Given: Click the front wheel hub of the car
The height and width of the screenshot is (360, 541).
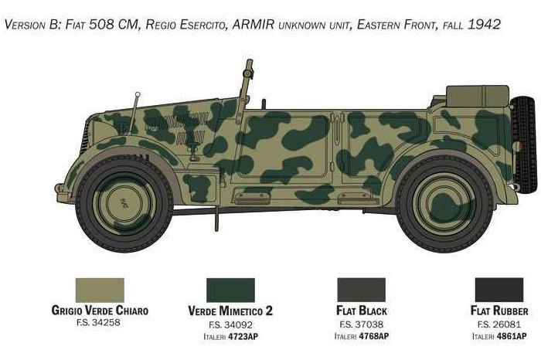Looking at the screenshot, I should [x=124, y=204].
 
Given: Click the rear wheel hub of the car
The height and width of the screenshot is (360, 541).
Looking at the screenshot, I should [x=443, y=204].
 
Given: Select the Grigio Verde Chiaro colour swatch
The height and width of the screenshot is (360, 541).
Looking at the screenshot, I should [x=100, y=290].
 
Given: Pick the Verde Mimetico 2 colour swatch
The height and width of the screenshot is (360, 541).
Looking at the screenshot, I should [x=230, y=290].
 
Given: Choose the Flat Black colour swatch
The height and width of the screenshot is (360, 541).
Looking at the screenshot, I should [x=361, y=290].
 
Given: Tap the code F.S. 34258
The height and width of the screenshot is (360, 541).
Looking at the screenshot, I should [x=99, y=323].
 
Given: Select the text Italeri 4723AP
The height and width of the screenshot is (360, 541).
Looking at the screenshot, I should [x=230, y=336].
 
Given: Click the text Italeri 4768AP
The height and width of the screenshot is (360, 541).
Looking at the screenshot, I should [x=361, y=336].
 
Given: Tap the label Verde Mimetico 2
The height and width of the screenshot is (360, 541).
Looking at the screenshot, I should [x=230, y=311].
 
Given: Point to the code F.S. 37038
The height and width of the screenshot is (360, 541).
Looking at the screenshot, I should [x=361, y=324].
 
